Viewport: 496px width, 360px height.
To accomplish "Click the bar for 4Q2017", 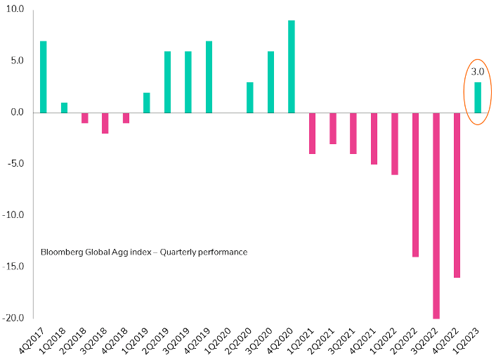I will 44,77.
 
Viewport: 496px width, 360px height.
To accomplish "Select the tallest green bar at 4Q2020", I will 292,66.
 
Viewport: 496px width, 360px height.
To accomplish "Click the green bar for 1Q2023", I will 478,97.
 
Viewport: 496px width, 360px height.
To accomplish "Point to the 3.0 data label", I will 477,72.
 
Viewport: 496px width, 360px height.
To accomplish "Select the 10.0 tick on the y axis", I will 15,9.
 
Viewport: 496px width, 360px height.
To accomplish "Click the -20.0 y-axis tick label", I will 13,318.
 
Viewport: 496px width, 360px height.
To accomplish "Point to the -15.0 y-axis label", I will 13,266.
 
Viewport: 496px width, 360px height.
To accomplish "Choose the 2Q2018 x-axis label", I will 71,339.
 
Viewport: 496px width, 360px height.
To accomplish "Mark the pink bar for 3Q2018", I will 105,122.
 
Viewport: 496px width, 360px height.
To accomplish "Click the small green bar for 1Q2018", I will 64,108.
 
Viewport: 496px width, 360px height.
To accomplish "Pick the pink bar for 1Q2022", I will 395,143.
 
